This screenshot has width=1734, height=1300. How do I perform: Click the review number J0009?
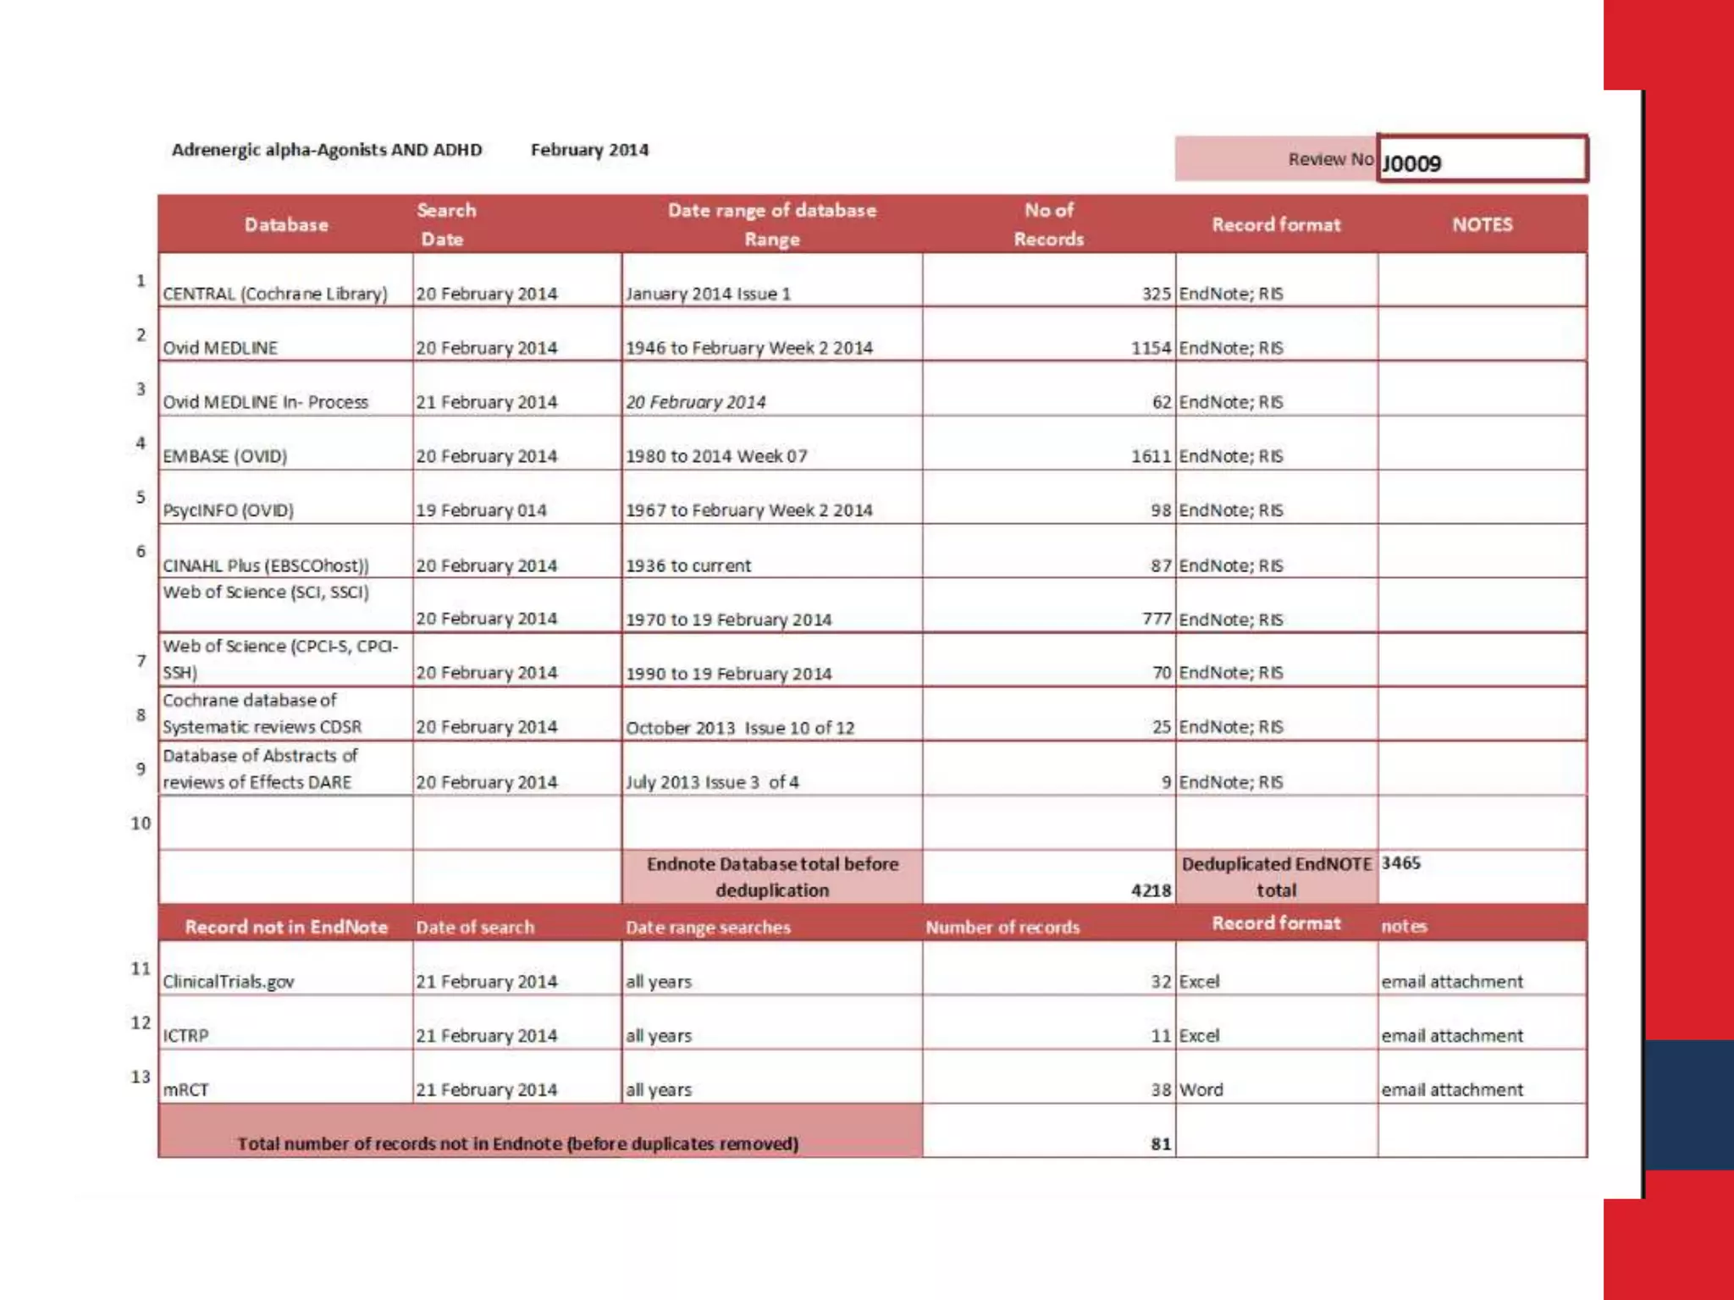(1411, 162)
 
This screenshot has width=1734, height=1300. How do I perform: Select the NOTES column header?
(1482, 224)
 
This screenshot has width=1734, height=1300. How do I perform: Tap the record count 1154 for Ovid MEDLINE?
(1151, 348)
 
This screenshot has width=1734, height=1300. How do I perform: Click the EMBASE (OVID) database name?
(224, 456)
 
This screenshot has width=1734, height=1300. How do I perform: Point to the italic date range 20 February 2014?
(695, 402)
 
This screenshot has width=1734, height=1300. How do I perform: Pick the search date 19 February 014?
(481, 510)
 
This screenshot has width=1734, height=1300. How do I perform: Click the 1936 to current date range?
(688, 565)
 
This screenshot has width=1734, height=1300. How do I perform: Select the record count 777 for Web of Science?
(1157, 620)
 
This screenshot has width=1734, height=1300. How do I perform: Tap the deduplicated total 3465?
(1400, 863)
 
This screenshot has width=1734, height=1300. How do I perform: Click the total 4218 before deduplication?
(1151, 890)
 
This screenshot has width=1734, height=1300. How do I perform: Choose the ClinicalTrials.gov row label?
(229, 982)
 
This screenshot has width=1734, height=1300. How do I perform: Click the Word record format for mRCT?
(1201, 1090)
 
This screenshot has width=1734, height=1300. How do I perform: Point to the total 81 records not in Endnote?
(1161, 1144)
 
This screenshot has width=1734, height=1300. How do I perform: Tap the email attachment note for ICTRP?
(1452, 1036)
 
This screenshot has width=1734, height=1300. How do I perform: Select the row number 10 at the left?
(141, 823)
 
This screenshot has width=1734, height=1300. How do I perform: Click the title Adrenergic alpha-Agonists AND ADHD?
(327, 150)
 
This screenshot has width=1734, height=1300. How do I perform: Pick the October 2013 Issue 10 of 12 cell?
(740, 728)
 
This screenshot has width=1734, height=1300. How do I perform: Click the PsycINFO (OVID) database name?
(228, 510)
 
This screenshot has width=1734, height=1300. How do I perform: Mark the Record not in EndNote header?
(286, 927)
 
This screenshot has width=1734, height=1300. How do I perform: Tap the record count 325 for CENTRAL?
(1157, 294)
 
